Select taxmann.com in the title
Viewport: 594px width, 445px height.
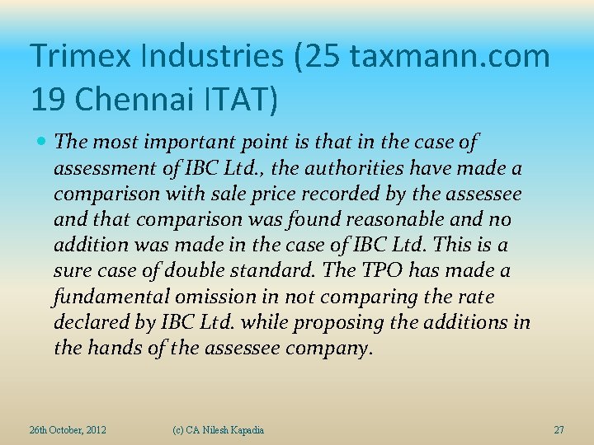tap(450, 56)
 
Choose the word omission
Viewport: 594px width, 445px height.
tap(205, 297)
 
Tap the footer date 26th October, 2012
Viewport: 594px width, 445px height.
tap(68, 430)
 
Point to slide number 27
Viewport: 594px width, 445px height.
tap(559, 430)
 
